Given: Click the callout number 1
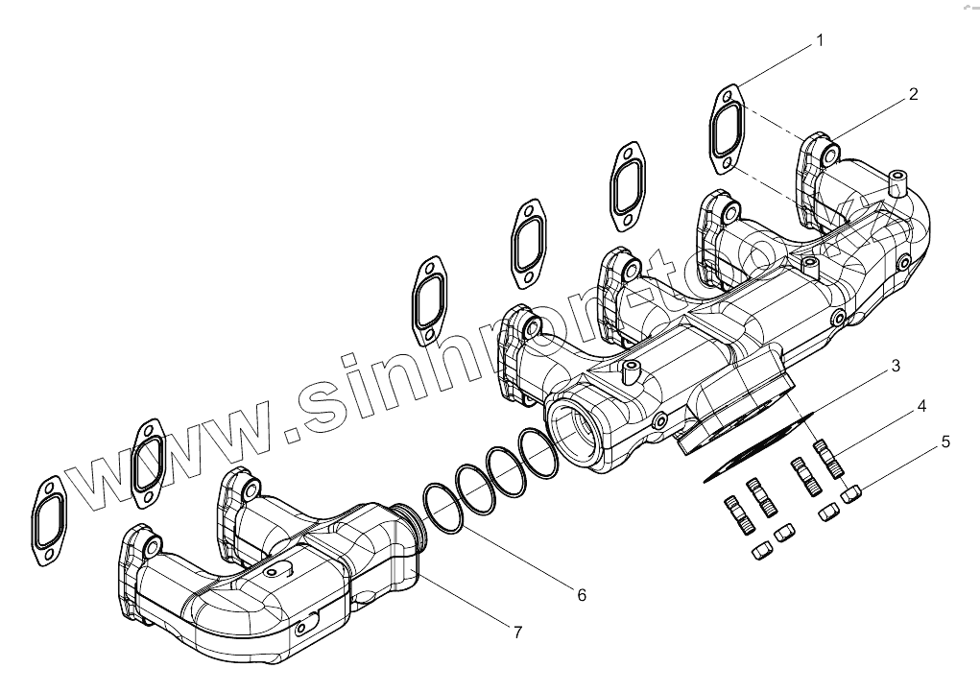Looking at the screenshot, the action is point(819,40).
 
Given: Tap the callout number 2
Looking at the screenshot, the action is point(913,94).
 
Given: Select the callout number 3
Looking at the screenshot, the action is point(894,366).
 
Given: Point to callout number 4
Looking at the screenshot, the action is point(920,406).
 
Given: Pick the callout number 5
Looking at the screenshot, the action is point(945,441).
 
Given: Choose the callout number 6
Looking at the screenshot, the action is point(581,595).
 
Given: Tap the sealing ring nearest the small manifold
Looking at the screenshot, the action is point(442,507).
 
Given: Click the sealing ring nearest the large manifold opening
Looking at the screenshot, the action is point(538,453).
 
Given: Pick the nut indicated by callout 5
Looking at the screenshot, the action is point(852,493).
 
